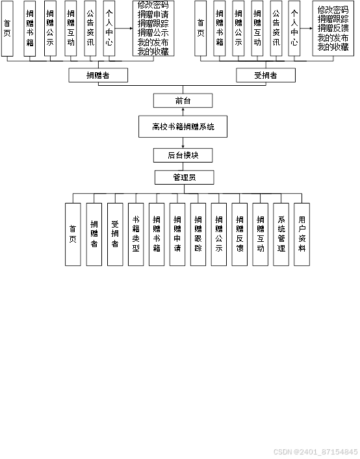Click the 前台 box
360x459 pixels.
coord(183,100)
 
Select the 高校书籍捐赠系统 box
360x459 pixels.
coord(183,126)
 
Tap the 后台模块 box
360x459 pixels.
coord(183,155)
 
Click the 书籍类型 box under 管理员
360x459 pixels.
coord(136,234)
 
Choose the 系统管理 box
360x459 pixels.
coord(281,234)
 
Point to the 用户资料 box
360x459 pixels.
coord(302,234)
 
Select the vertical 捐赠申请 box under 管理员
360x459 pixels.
coord(177,234)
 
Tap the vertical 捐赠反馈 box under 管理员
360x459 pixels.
coord(240,234)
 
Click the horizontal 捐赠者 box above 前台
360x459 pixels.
coord(97,75)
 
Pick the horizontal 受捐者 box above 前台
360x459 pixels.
coord(265,75)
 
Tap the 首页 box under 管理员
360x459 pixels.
coord(73,234)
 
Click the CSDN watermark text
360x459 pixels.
coord(315,451)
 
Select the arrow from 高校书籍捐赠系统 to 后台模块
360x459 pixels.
coord(183,143)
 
